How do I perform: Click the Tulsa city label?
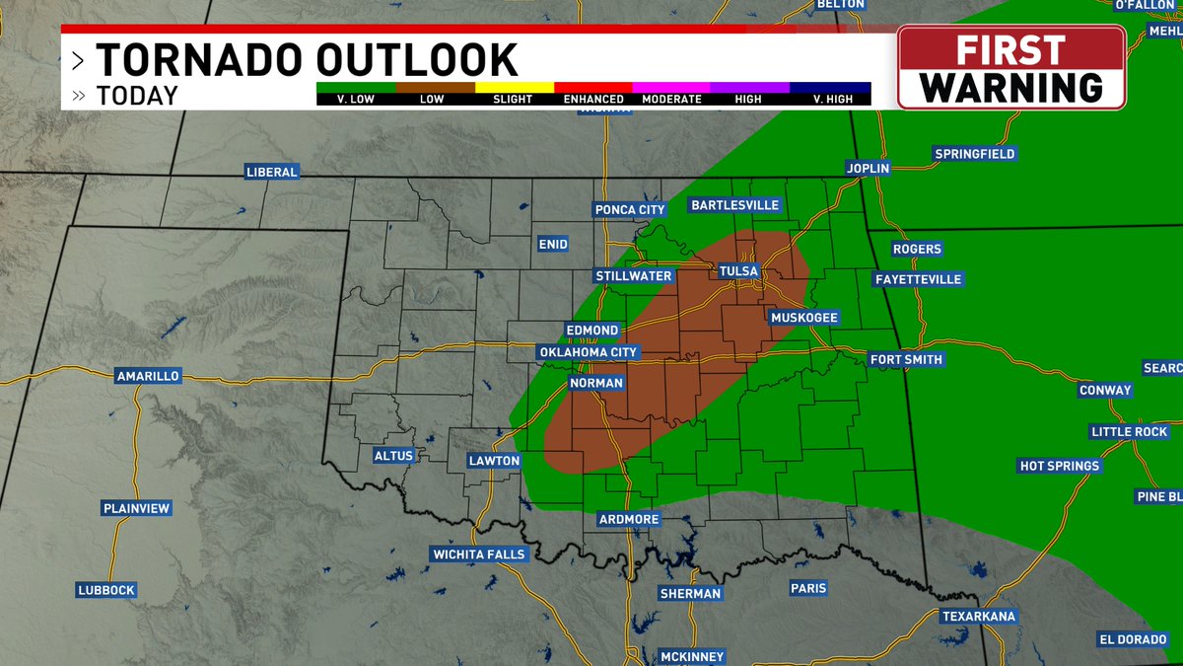pos(738,271)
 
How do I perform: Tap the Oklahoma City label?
pos(590,352)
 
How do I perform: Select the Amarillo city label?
pos(148,376)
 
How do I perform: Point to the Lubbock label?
pos(105,590)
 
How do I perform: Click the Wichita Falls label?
pos(480,555)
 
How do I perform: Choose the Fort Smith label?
pos(906,360)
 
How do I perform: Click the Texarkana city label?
pos(978,617)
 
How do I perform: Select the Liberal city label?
pos(272,173)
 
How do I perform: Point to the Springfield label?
pos(975,154)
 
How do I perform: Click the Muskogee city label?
pos(803,318)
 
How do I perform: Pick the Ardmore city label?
pos(629,520)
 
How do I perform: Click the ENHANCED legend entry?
pos(593,99)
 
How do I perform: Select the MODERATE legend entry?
pos(671,99)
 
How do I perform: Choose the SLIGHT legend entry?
pos(513,99)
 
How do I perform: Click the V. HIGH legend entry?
pos(830,99)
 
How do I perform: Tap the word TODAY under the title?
pos(137,96)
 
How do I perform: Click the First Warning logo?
pos(1011,67)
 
